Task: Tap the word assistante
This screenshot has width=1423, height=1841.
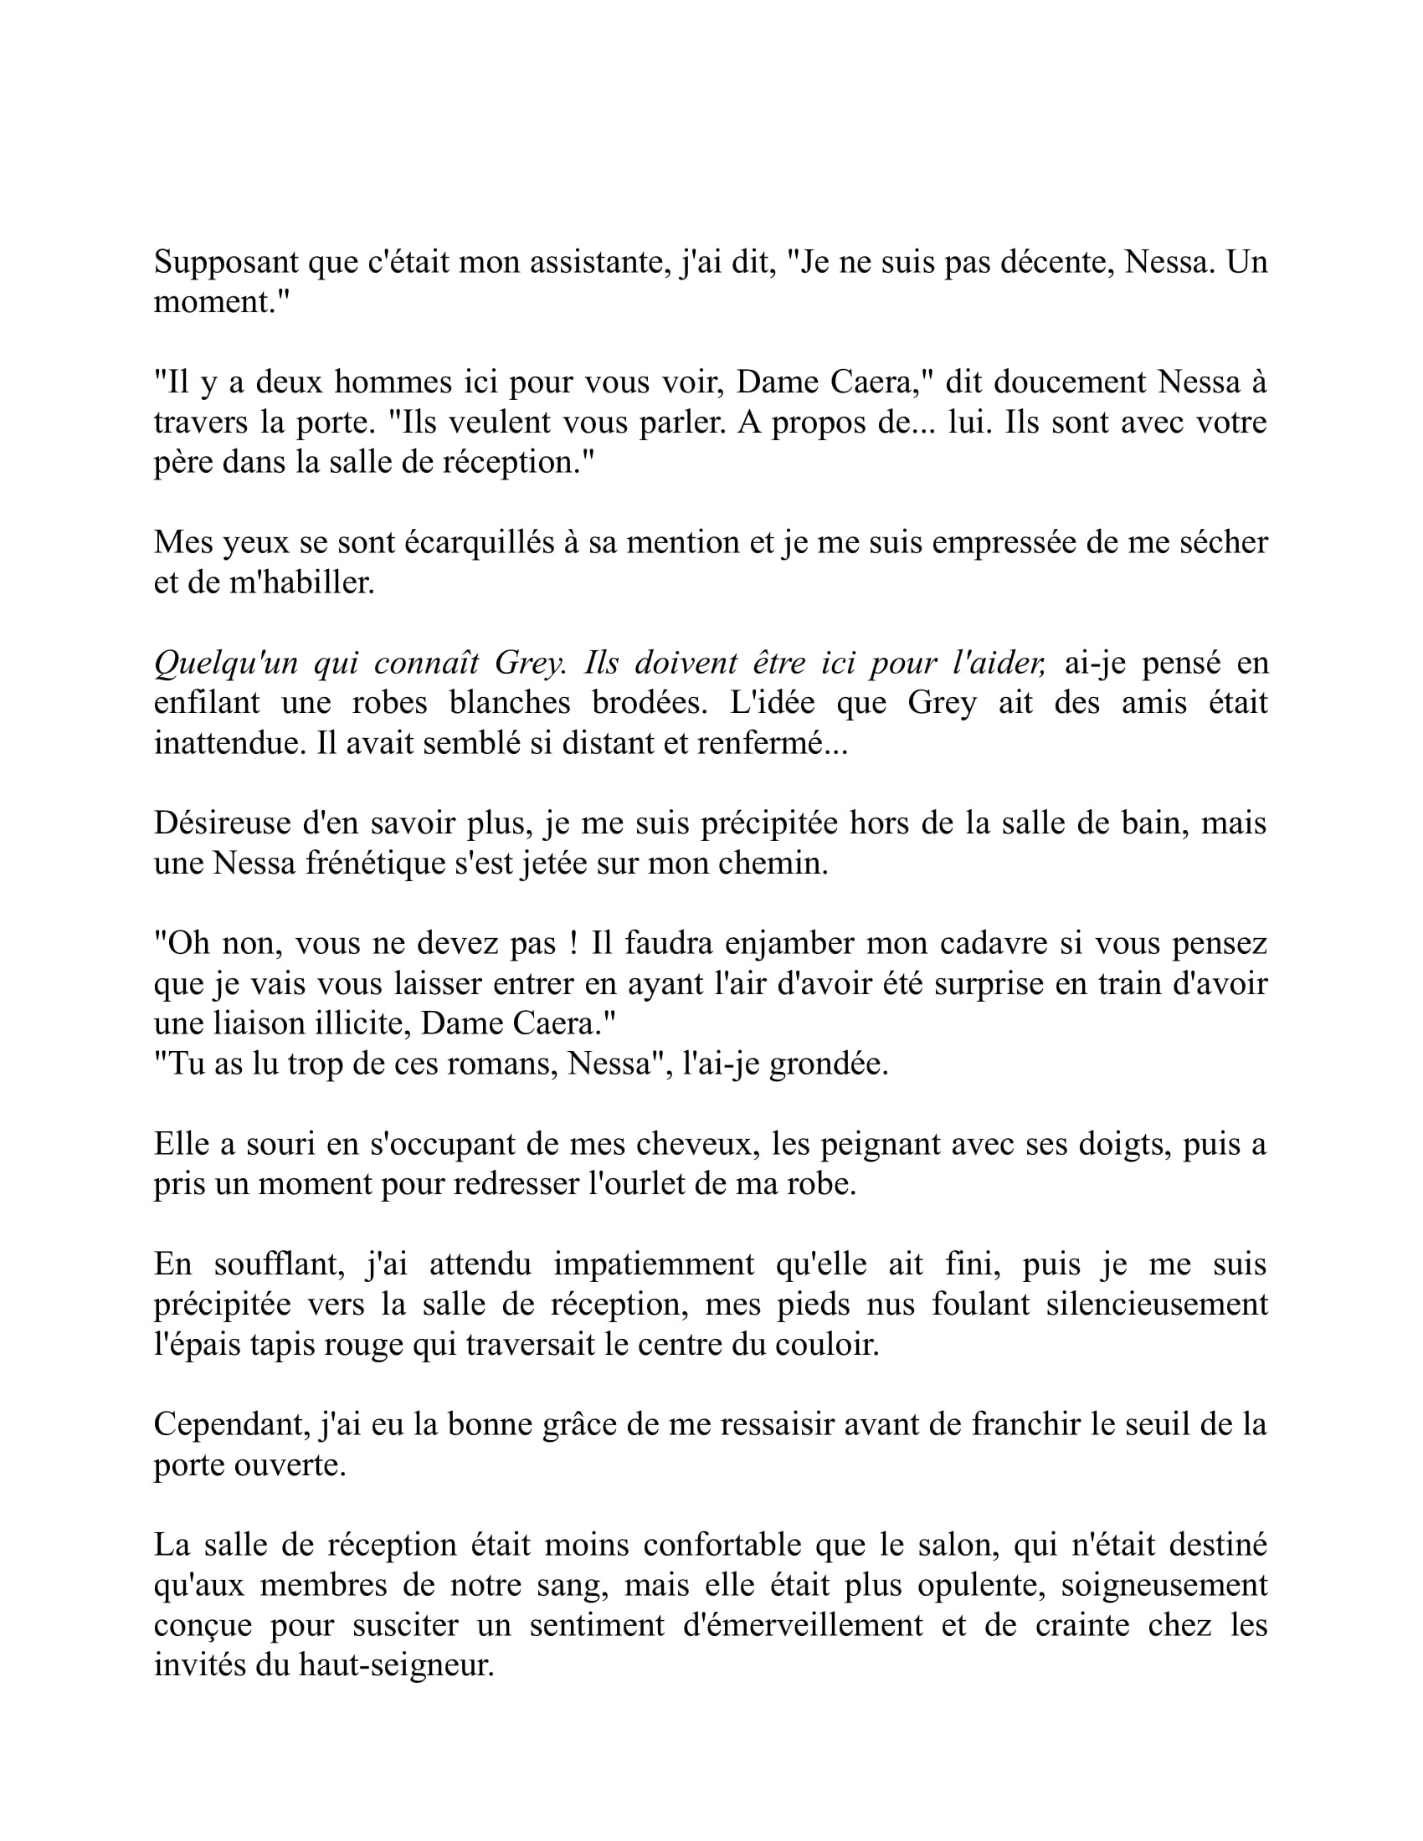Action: coord(599,263)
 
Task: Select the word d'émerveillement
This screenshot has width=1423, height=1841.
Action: coord(803,1625)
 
